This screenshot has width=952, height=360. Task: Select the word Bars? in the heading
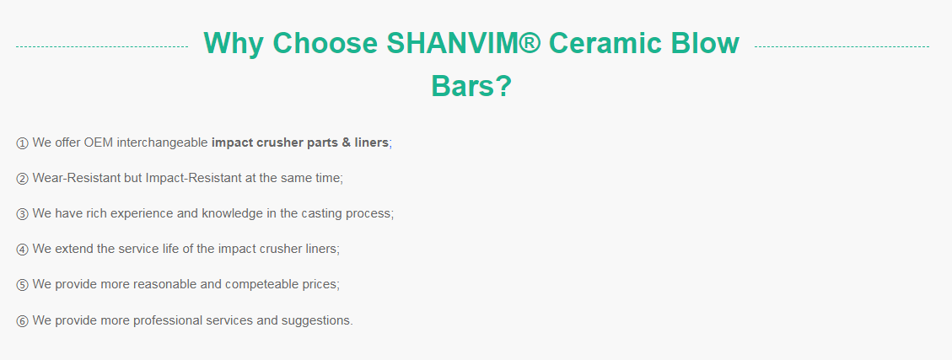click(471, 86)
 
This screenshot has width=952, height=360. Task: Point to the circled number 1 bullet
click(22, 143)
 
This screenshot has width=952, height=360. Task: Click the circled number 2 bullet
click(22, 179)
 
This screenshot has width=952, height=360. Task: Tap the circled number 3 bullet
click(22, 213)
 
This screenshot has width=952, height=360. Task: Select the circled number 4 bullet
click(22, 249)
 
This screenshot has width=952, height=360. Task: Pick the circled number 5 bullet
click(22, 285)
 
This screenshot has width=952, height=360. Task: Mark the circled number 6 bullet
click(22, 320)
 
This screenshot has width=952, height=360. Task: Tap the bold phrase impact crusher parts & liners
click(300, 143)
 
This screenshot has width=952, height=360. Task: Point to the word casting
click(318, 214)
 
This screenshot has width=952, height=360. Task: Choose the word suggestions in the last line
click(317, 320)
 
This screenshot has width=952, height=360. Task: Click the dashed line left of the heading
click(102, 46)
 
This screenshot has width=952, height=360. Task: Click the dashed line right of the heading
click(842, 46)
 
